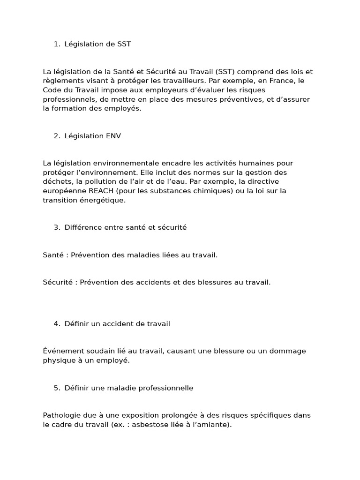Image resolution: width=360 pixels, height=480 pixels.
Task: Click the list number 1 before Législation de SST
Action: tap(56, 44)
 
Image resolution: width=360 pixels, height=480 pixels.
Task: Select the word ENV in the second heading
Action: tap(113, 136)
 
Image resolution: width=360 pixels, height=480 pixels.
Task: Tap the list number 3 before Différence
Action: tap(56, 227)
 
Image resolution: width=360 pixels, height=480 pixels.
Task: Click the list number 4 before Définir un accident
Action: tap(56, 324)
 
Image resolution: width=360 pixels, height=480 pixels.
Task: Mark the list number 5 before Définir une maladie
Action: tap(56, 388)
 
